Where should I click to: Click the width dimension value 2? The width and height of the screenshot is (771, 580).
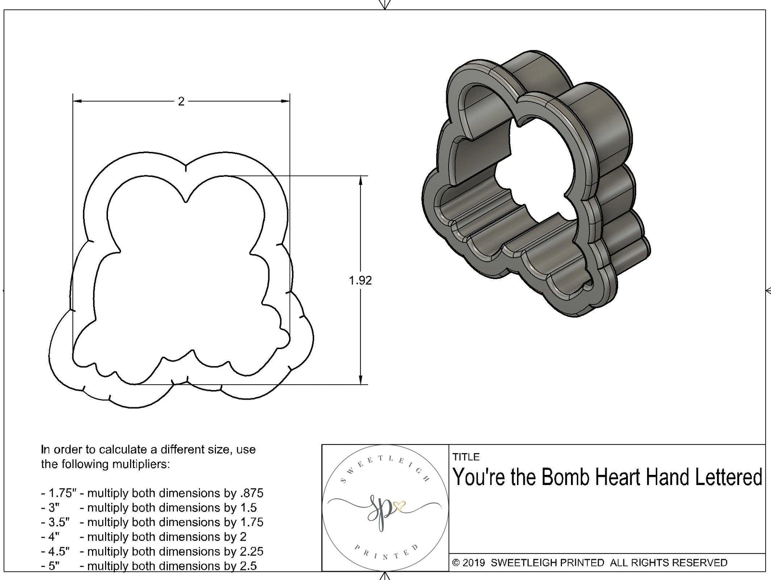181,101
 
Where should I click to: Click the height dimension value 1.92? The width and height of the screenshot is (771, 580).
360,280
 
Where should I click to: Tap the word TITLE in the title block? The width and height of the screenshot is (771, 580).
466,457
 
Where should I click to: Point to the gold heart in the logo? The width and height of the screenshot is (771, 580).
399,506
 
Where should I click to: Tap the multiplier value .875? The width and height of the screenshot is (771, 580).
251,493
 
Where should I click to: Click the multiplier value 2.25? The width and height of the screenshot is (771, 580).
250,551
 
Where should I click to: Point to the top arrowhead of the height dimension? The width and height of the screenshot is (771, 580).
361,180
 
